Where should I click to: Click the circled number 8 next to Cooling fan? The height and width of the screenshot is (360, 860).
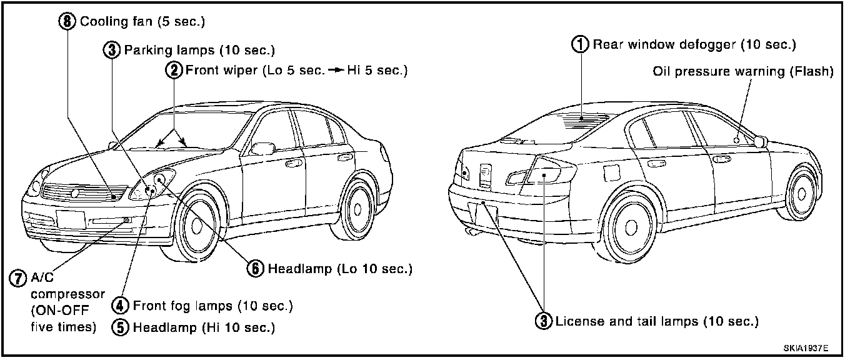pos(67,22)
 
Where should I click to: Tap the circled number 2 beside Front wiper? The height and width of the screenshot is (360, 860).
pos(174,70)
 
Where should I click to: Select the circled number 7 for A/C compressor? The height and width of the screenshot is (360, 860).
pos(17,277)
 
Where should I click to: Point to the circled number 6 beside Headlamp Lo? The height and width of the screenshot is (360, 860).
pos(255,269)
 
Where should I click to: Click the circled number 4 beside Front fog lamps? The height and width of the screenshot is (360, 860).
pos(121,306)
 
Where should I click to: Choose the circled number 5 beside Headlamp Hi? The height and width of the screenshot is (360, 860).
pos(121,327)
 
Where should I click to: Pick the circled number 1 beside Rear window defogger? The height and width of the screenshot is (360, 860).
pos(581,44)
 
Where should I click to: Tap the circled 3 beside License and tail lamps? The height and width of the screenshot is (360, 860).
pos(544,322)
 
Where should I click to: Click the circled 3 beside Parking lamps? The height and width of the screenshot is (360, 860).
pos(111,50)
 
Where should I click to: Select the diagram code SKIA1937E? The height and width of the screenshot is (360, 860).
pos(809,347)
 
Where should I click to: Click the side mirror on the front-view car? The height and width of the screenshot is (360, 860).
pos(262,148)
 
